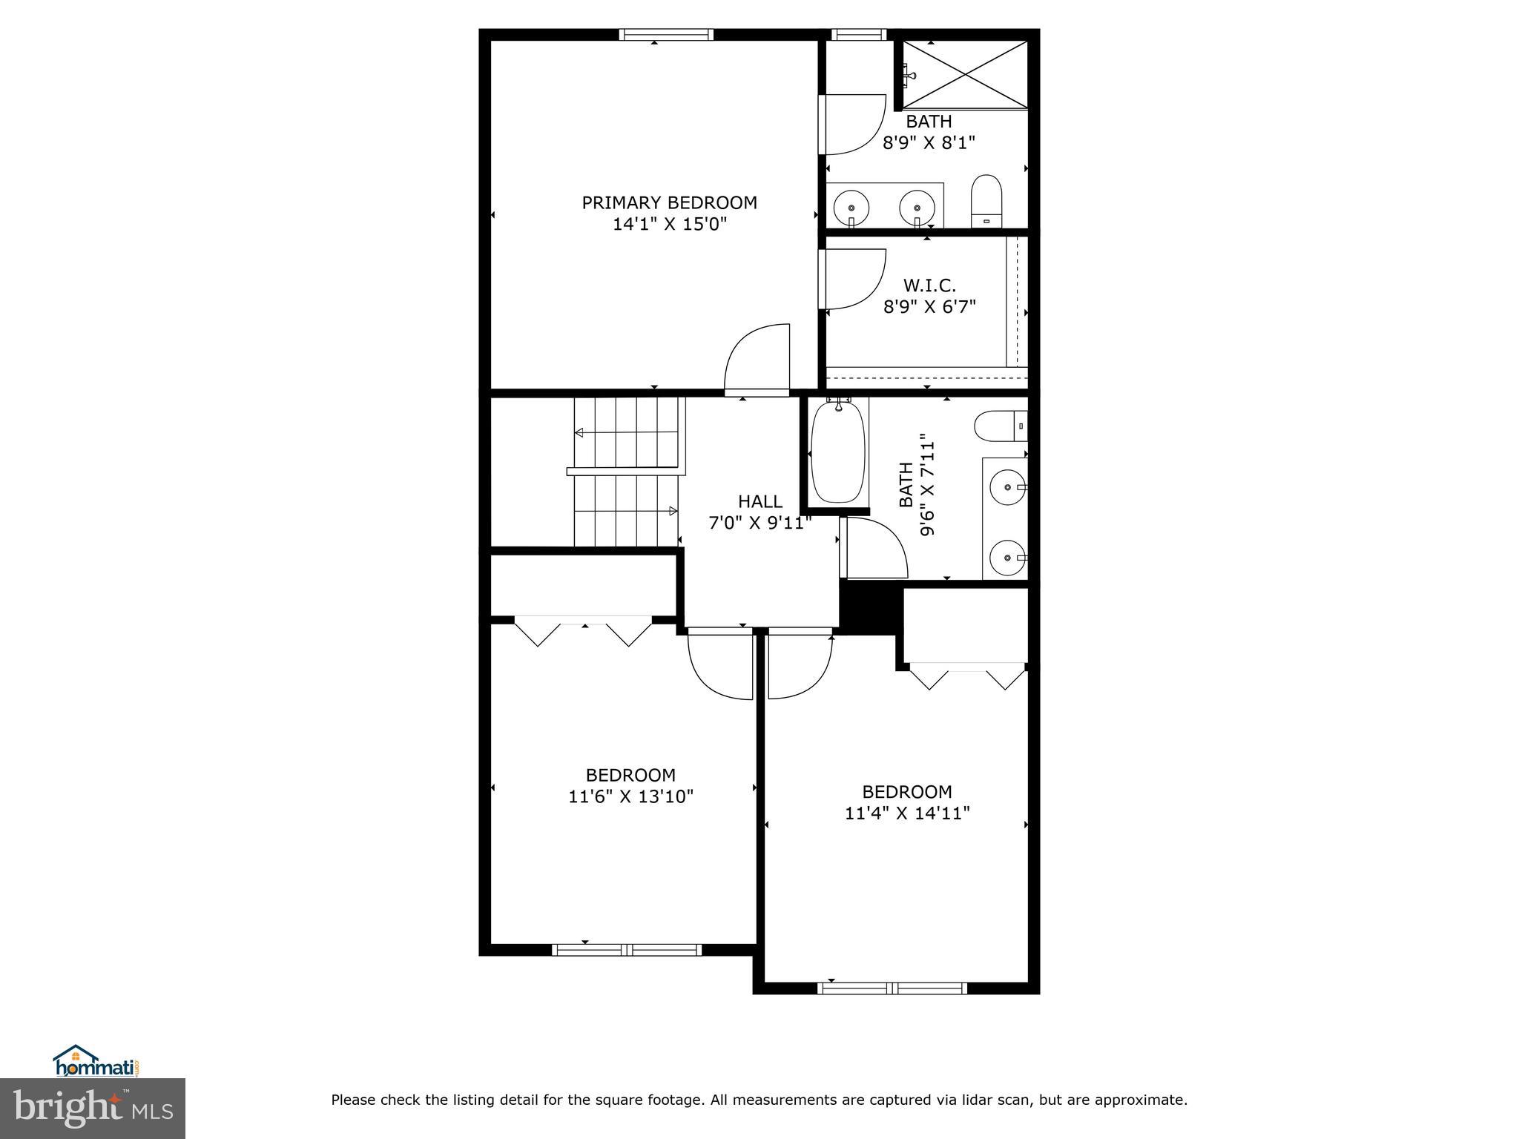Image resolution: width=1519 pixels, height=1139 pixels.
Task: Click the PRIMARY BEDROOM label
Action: pos(669,202)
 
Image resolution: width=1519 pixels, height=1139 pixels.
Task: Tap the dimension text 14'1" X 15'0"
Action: pos(669,224)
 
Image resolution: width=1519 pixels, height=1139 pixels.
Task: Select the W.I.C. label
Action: pos(929,285)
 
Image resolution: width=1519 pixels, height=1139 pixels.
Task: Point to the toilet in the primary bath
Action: pos(986,201)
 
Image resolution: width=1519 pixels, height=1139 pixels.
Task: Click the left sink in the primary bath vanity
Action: pos(851,208)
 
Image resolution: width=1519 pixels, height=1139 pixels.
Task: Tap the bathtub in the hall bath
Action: pos(838,452)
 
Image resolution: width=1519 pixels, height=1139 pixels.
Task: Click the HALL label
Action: pos(759,501)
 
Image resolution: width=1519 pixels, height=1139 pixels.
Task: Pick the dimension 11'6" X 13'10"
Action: pos(630,796)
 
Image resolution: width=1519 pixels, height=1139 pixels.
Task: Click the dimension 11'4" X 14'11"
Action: pos(907,813)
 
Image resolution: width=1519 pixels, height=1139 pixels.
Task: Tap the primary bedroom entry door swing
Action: pos(757,360)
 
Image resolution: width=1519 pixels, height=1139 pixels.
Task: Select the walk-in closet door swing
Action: pos(853,278)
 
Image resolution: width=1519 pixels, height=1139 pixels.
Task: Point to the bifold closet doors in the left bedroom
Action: pos(584,630)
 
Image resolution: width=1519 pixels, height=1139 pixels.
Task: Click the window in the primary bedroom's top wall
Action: pos(666,34)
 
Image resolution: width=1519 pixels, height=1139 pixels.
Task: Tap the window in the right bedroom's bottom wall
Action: pos(892,988)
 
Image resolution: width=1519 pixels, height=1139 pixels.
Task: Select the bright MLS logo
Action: pos(93,1108)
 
